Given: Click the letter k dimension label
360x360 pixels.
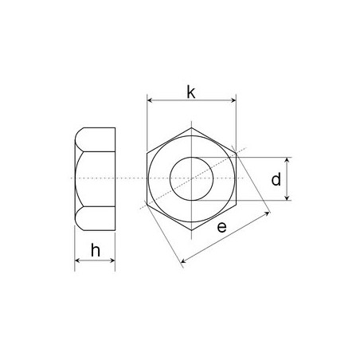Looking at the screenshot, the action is pyautogui.click(x=191, y=92).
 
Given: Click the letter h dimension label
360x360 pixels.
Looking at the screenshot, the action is pyautogui.click(x=96, y=250).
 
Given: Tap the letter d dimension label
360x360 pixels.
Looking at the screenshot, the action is pyautogui.click(x=276, y=179).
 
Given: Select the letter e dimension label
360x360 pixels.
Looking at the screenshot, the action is pyautogui.click(x=222, y=227).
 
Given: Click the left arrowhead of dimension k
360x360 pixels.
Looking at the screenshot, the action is pyautogui.click(x=150, y=100).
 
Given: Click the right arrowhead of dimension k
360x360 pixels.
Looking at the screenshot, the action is pyautogui.click(x=233, y=100).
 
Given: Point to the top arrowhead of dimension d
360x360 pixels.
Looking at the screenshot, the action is pyautogui.click(x=287, y=159).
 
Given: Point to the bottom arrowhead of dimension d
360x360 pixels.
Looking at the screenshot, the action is pyautogui.click(x=287, y=198).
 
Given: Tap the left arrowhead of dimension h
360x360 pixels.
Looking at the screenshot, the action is pyautogui.click(x=77, y=260).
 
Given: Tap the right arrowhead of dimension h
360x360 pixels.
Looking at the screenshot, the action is pyautogui.click(x=112, y=260).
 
